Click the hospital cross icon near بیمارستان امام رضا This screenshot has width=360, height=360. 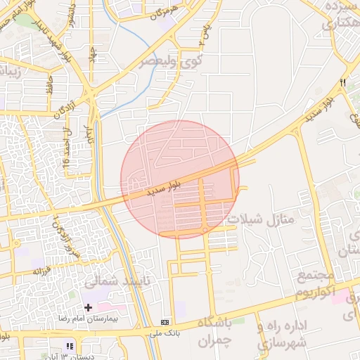(x=88, y=307)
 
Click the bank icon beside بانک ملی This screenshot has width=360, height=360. (x=165, y=322)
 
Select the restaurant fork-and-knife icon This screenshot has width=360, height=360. (x=343, y=83)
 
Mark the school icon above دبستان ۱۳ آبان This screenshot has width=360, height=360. (x=69, y=346)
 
